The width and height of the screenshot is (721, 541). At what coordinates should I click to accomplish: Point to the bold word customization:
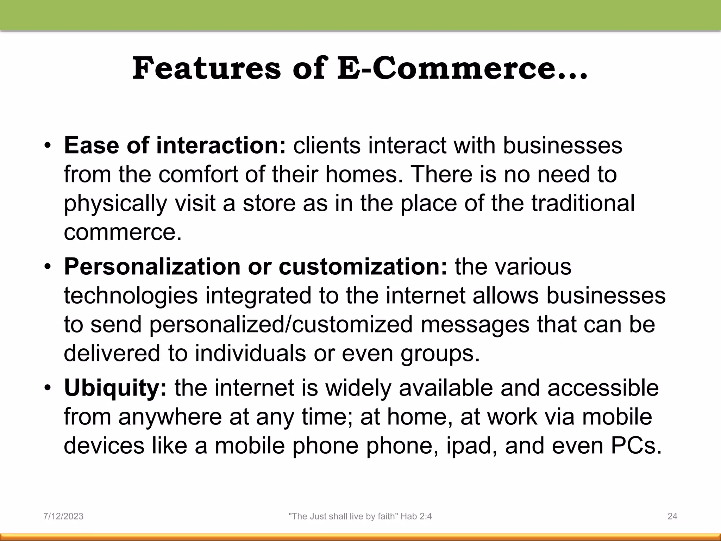click(363, 267)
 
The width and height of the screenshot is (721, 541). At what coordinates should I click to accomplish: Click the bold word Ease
click(91, 145)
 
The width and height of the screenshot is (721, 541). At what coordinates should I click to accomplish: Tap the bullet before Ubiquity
click(48, 389)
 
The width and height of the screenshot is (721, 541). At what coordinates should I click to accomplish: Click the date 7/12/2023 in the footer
click(63, 516)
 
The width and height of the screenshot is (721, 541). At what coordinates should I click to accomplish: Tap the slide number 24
click(672, 516)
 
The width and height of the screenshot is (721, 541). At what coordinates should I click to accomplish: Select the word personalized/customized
click(281, 324)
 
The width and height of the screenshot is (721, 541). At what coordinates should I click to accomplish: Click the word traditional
click(583, 203)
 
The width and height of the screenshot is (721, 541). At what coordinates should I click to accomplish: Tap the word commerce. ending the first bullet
click(123, 232)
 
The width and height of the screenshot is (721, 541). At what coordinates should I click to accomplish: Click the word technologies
click(131, 296)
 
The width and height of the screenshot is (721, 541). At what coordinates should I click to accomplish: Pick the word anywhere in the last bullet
click(170, 417)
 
